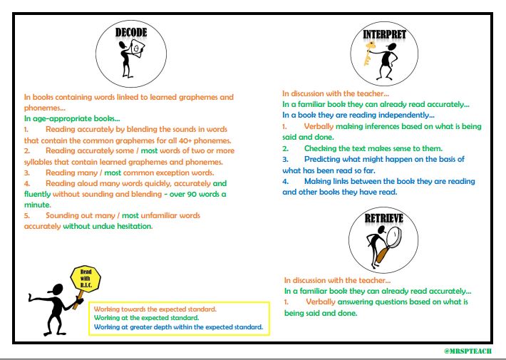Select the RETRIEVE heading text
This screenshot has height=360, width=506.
point(384,220)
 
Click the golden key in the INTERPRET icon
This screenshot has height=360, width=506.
point(371,55)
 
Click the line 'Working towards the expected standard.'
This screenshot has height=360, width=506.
point(155,309)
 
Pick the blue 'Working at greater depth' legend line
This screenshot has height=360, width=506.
point(178,327)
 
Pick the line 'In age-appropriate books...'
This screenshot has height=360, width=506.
point(72,118)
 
